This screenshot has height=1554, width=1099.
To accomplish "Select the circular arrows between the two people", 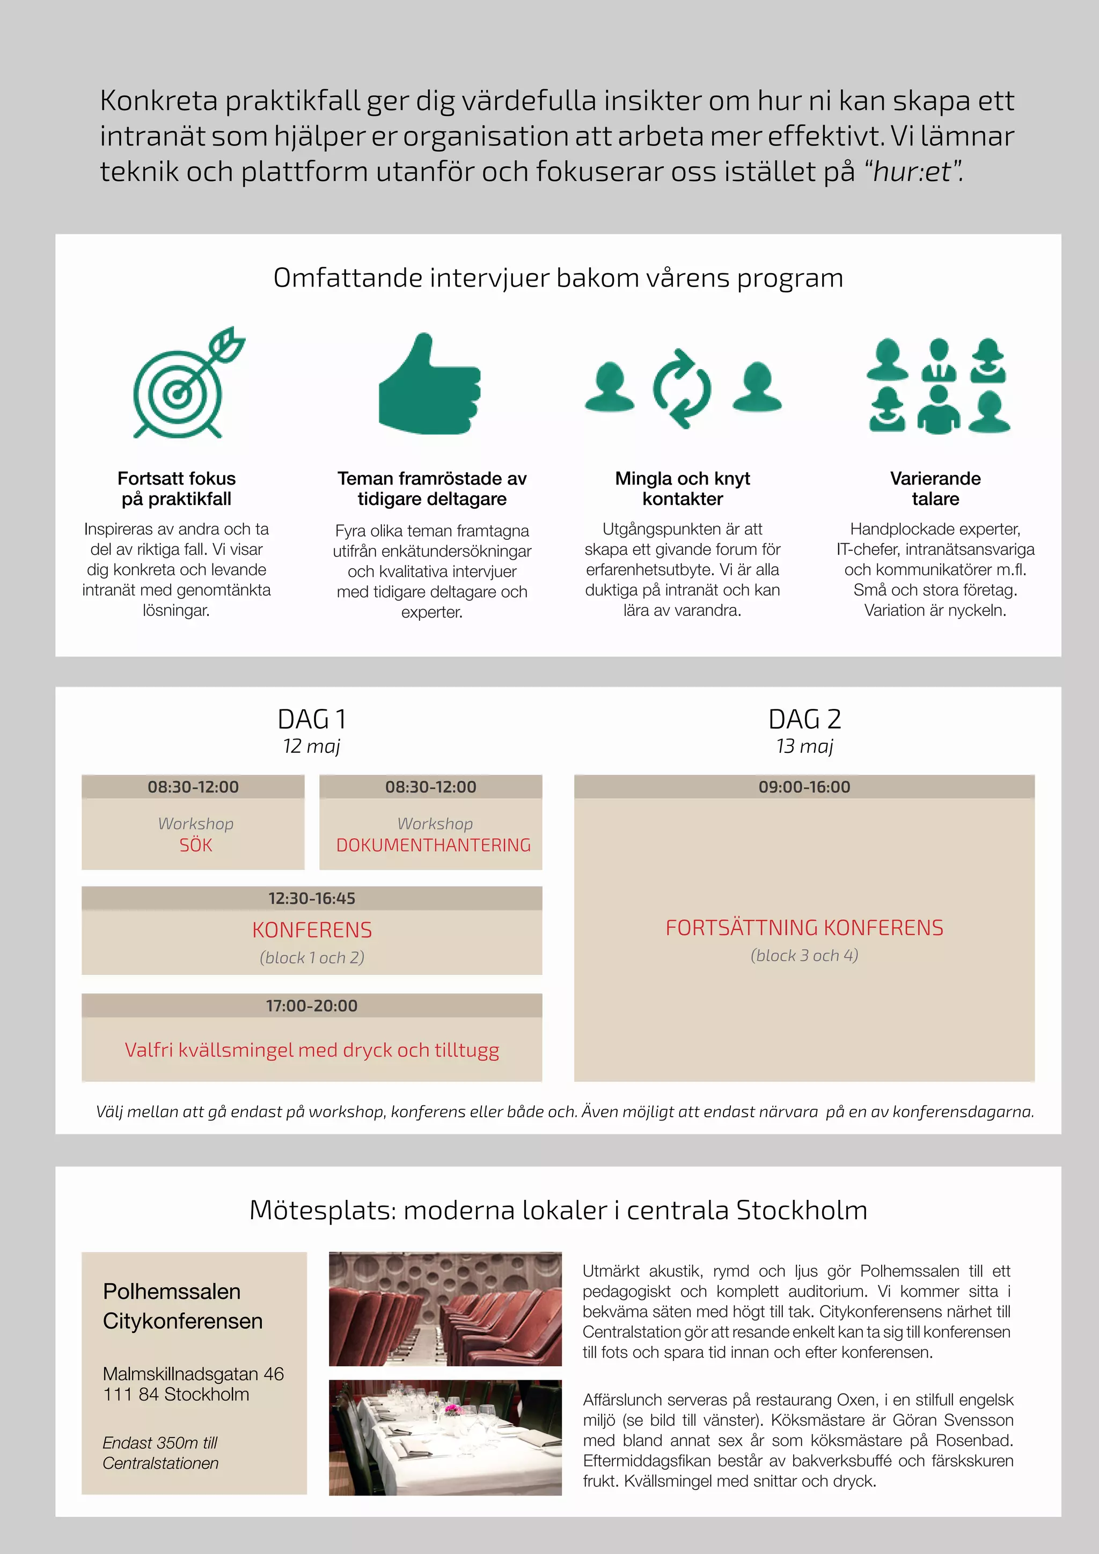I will [682, 388].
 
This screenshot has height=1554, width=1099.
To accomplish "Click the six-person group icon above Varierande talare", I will [938, 386].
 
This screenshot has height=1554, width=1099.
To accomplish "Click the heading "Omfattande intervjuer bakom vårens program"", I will [558, 278].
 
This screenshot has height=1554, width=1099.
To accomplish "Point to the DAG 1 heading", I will [311, 719].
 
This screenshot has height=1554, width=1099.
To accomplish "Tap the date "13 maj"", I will [804, 746].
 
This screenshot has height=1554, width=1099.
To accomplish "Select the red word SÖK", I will [195, 845].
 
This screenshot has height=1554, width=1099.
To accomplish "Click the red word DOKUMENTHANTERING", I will [433, 845].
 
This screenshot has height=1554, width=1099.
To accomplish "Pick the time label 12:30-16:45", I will [311, 898].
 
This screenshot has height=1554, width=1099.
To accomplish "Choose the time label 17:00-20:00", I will [311, 1006].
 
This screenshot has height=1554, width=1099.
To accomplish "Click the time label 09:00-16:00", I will [804, 787].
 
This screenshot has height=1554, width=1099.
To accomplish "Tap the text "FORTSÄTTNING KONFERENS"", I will [804, 928].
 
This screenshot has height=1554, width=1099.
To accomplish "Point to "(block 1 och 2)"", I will [311, 958].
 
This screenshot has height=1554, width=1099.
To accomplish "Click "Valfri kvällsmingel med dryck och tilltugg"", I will [311, 1050].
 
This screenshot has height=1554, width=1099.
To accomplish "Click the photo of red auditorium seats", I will [445, 1308].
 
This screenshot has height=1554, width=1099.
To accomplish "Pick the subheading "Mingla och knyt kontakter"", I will [682, 489].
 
